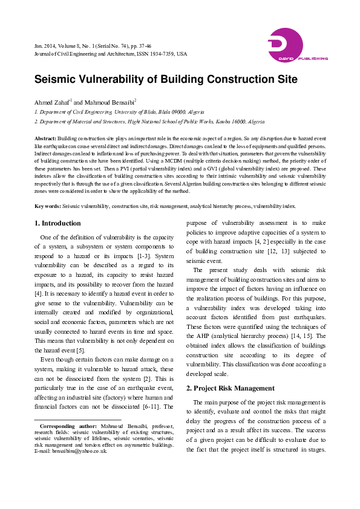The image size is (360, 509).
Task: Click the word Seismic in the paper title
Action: [x=56, y=80]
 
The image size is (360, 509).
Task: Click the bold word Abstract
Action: [x=45, y=139]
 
